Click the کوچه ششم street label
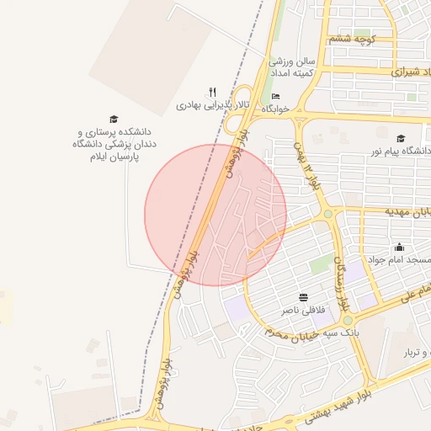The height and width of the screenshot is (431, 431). tap(352, 39)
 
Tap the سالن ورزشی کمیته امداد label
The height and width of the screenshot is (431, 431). tap(291, 68)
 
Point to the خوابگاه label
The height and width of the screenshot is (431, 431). tap(275, 109)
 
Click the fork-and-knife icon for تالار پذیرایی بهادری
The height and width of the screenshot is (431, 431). tap(213, 93)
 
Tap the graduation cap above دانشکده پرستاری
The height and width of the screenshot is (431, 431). tap(114, 120)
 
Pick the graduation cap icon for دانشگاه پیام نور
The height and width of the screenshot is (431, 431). tap(401, 138)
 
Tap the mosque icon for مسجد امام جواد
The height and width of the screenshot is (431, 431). tap(399, 247)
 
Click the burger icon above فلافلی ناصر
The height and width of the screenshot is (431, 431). tap(303, 297)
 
